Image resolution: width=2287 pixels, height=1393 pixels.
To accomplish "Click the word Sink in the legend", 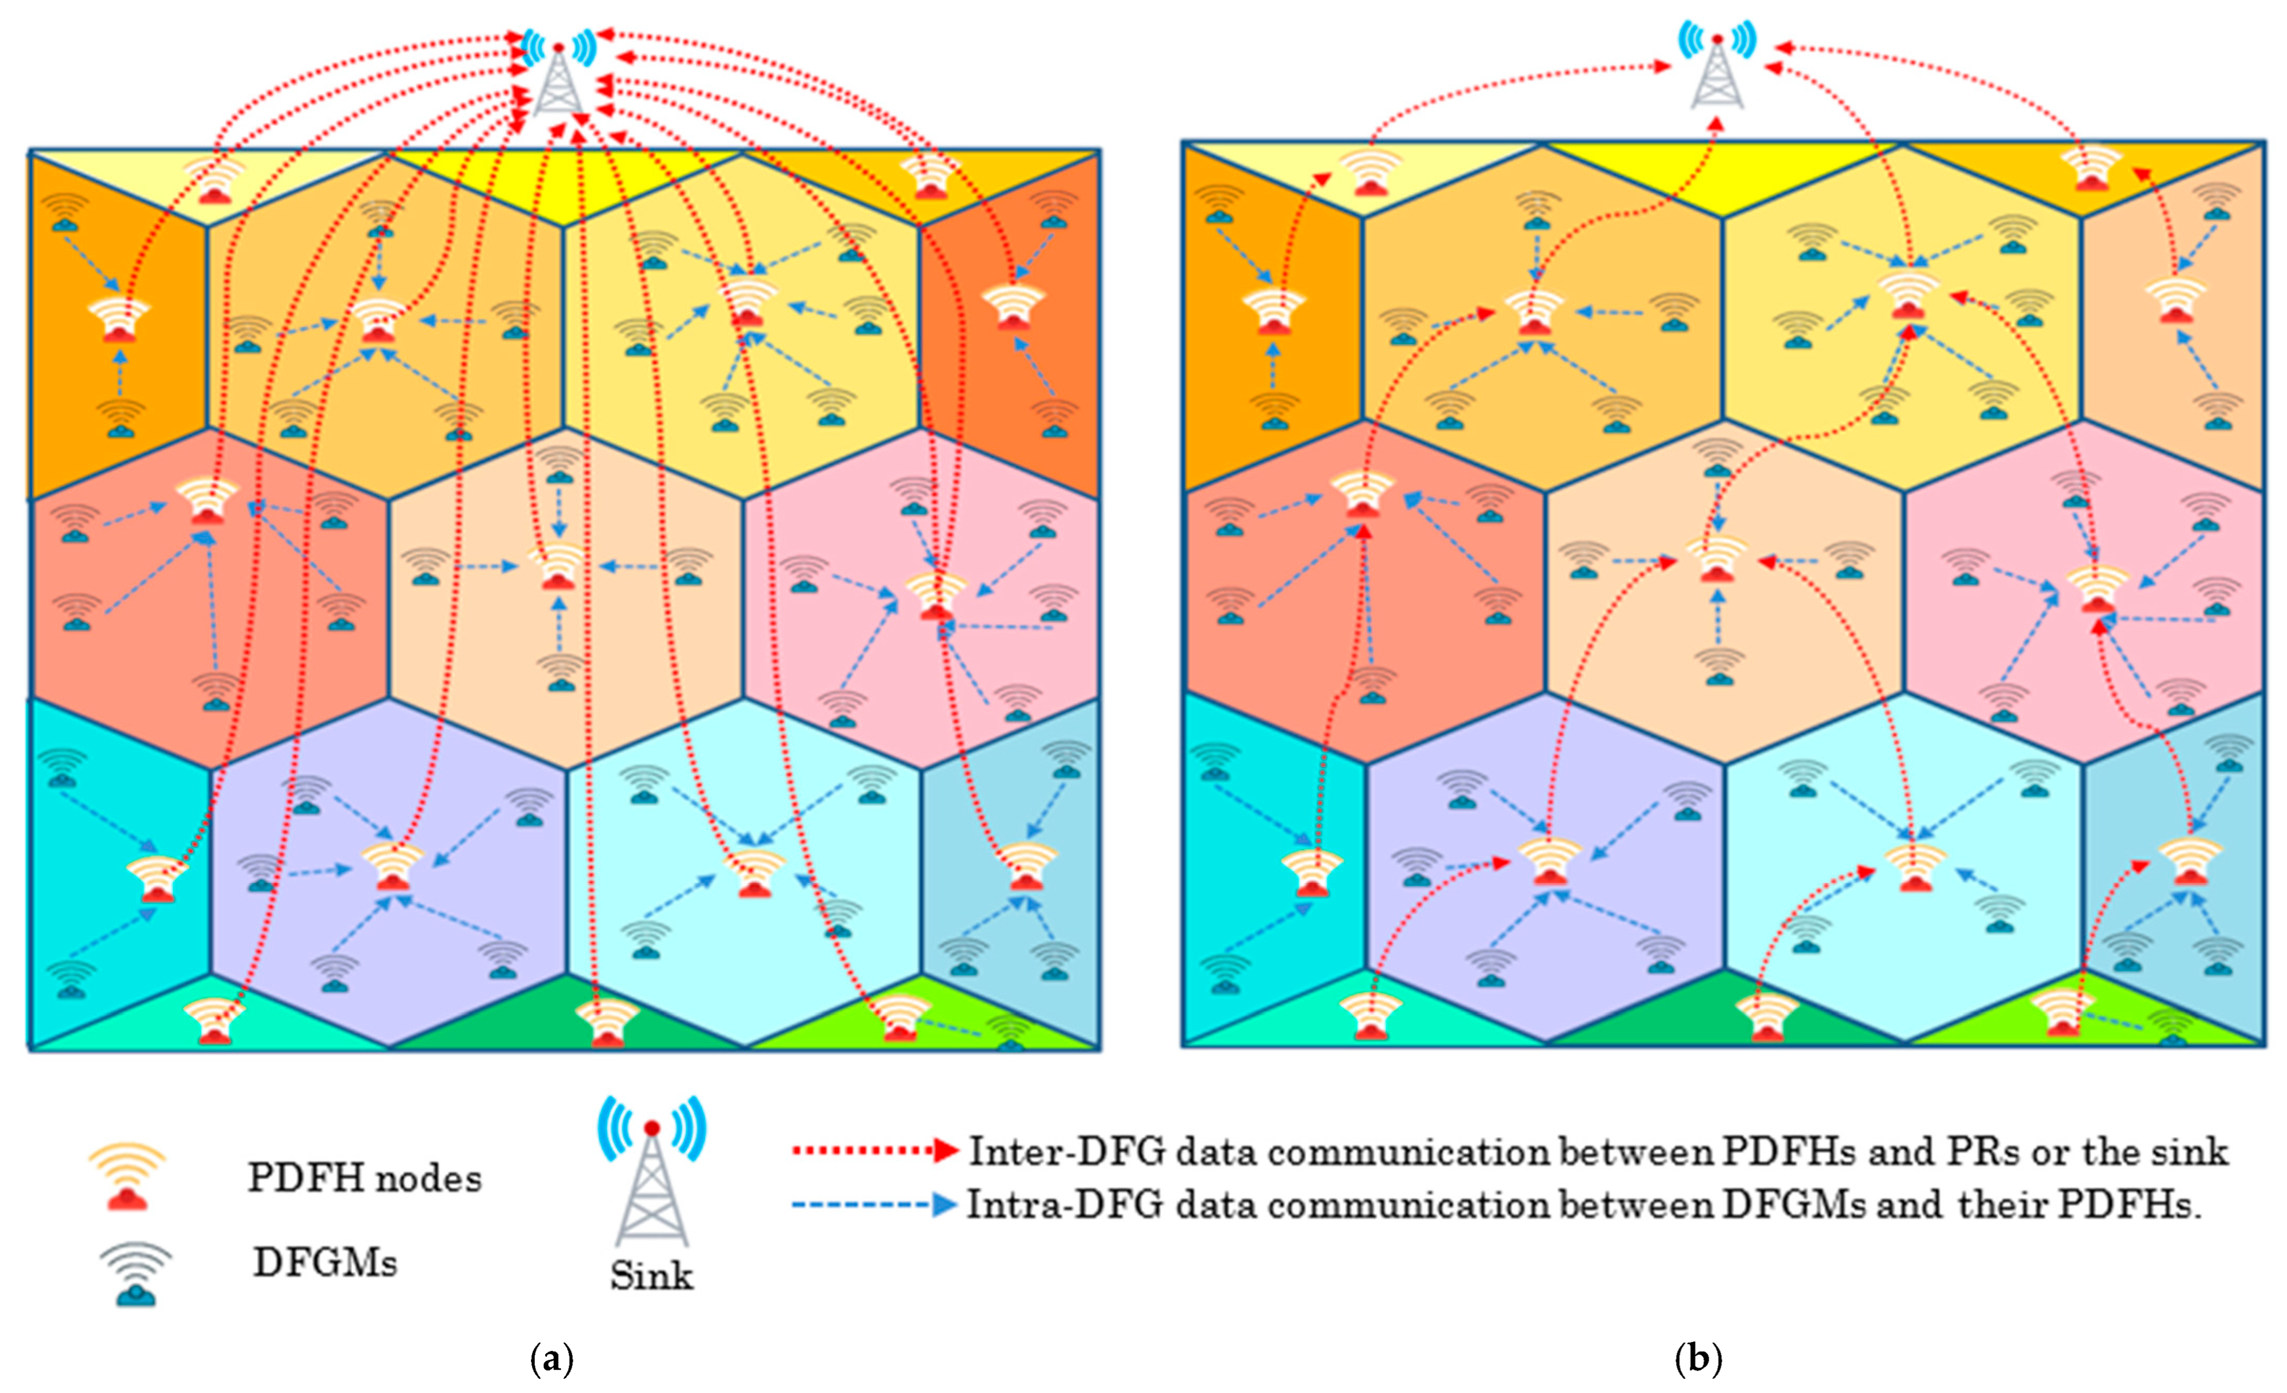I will (651, 1275).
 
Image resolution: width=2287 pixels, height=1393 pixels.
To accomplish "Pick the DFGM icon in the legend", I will (137, 1273).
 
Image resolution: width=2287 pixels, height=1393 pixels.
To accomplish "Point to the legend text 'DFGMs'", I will (325, 1263).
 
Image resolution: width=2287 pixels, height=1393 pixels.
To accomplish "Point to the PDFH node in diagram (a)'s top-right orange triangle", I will (929, 176).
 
